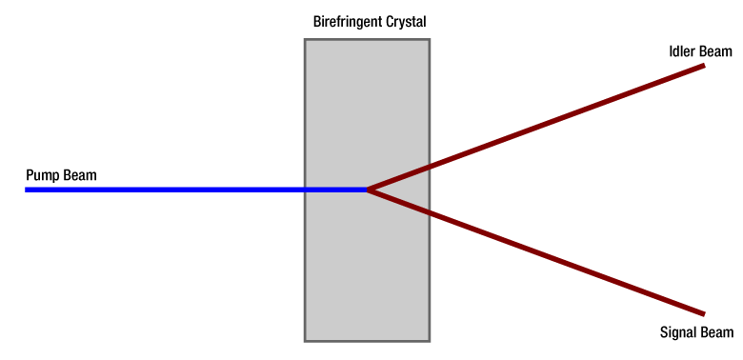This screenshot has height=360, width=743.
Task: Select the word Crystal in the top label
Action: coord(405,22)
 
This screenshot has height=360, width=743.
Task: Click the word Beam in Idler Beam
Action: coord(715,51)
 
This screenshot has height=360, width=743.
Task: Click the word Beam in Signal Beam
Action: coord(716,332)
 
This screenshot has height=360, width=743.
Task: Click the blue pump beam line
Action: coord(196,190)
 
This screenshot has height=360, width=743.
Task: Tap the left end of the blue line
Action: coord(25,190)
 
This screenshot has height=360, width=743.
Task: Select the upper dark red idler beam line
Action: coord(536,128)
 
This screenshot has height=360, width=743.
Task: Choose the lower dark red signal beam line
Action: coord(536,252)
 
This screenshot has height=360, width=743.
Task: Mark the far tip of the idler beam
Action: coord(704,66)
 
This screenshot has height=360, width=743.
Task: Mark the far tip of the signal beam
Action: coord(704,314)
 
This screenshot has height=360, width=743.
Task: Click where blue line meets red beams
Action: coord(368,190)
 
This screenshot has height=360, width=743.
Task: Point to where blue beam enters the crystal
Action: coord(305,190)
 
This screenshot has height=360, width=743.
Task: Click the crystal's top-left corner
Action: coord(305,39)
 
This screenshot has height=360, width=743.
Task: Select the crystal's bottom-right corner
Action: coord(430,341)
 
